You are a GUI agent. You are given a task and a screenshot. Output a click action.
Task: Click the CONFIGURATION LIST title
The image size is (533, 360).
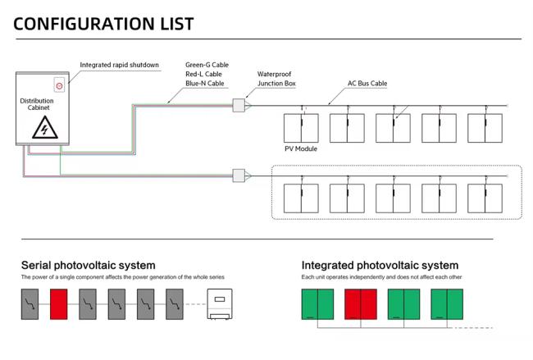pos(103,24)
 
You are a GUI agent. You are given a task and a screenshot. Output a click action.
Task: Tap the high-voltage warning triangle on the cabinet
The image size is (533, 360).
pos(45,128)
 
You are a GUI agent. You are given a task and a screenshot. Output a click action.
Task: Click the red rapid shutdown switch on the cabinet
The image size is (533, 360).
pos(59,85)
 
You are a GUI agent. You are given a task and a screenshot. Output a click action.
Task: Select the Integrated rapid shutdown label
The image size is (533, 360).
pos(120,65)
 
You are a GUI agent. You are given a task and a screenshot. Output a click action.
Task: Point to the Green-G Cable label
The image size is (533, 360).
pos(207,65)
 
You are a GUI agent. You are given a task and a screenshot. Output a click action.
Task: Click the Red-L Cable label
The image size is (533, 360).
pos(203,74)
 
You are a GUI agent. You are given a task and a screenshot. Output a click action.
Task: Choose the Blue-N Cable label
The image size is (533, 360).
pos(205,84)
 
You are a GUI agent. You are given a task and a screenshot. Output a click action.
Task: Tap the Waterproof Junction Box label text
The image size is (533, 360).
pos(276,79)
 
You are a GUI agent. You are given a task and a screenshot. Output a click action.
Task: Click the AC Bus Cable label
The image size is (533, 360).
pos(367,84)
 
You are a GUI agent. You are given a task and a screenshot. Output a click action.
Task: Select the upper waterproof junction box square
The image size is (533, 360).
pos(239,106)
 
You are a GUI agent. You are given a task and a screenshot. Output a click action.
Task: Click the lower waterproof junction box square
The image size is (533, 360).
pos(239,175)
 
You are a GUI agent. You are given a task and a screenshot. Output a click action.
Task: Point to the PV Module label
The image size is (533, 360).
pos(301,148)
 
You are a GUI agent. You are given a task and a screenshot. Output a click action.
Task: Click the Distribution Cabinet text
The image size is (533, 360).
pos(37,104)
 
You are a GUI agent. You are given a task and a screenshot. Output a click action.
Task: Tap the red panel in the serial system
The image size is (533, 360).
pos(59,304)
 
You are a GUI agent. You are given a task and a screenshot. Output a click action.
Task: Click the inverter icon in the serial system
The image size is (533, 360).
pos(220,304)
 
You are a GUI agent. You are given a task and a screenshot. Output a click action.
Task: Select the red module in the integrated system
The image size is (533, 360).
pos(361,304)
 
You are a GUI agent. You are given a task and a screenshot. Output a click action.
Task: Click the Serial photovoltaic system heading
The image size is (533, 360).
pos(89,265)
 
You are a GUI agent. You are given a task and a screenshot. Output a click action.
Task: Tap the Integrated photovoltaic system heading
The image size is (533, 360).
pos(380,265)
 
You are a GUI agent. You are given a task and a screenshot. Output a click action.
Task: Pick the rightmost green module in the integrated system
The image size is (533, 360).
pos(447,304)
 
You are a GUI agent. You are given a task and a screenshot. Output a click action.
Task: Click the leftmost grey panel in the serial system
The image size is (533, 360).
pos(30,304)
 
